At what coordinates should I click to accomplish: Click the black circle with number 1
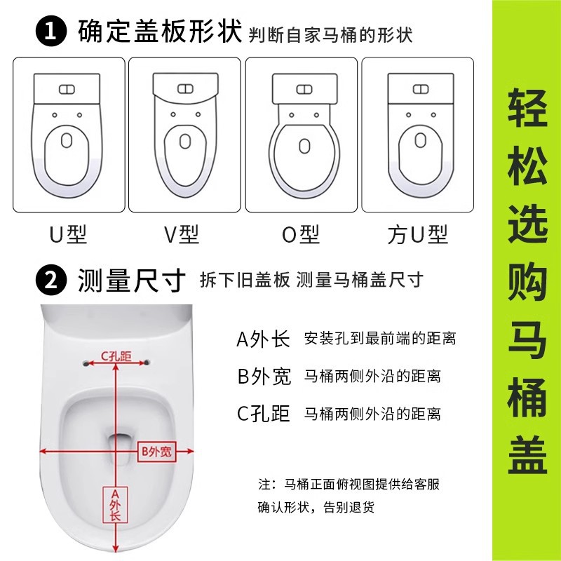coord(51,31)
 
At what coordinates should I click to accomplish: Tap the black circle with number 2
coord(51,280)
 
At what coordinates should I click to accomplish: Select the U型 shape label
coord(68,234)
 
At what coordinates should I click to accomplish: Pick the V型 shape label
coord(182,234)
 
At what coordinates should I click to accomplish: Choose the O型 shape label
coord(301,234)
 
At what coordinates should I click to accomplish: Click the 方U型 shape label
coord(417,234)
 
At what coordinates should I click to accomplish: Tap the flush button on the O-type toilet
coord(304,89)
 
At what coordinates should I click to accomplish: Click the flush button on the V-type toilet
coord(185,88)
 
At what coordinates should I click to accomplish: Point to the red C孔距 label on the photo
coord(116,356)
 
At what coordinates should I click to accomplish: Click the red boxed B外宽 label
coord(156,452)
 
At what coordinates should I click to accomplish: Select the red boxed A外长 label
coord(115,504)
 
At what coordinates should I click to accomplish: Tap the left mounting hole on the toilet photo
coord(86,363)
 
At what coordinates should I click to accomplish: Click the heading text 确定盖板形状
coord(160,32)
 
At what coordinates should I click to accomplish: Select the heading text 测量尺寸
coord(132,280)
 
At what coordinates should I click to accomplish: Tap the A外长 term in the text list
coord(263,339)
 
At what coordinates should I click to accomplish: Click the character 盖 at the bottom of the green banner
coord(528,455)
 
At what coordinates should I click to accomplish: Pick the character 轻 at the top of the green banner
coord(528,107)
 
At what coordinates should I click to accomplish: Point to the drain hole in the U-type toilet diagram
coord(67,140)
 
